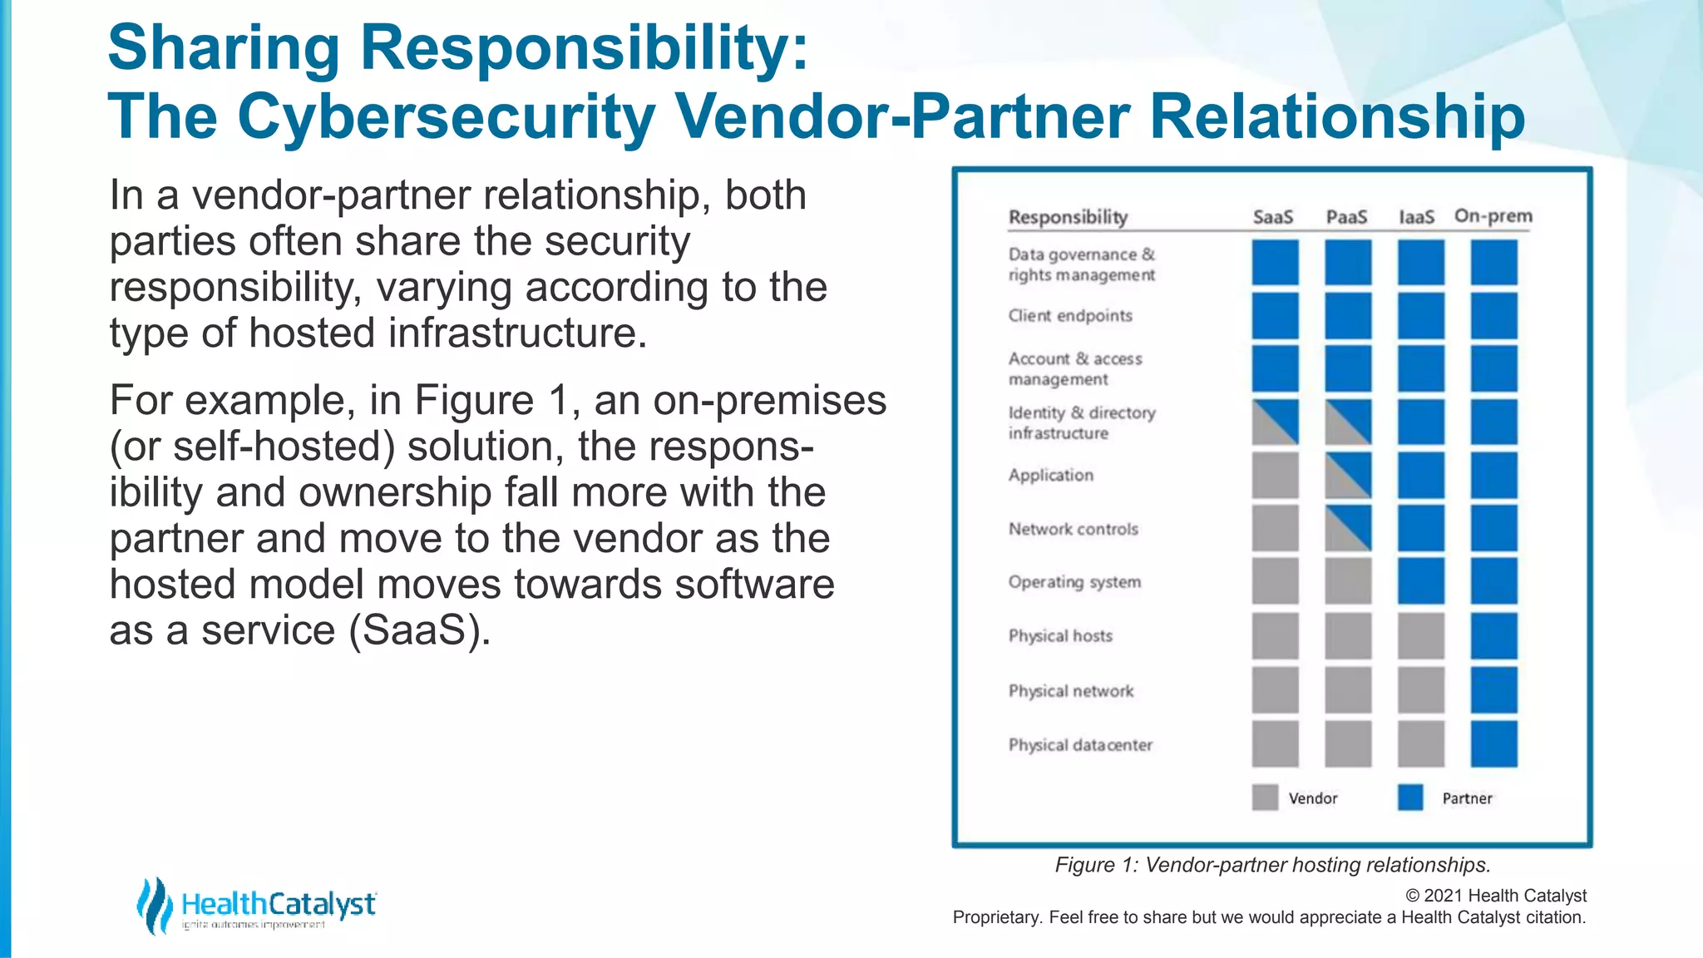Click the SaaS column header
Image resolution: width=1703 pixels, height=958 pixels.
(1273, 217)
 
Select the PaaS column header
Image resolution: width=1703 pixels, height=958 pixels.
(1346, 217)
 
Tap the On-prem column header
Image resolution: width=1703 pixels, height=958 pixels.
(1493, 216)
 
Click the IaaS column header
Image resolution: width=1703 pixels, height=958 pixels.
(1417, 217)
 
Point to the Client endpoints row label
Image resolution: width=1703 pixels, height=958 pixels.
(1070, 316)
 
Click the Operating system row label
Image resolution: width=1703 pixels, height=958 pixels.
(1074, 582)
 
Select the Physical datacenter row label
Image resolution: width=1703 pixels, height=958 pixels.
(1080, 745)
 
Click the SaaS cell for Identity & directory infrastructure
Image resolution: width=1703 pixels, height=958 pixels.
(1275, 422)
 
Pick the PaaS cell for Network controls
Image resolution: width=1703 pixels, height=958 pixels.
(1348, 528)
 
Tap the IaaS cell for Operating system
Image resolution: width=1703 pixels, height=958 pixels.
(1420, 581)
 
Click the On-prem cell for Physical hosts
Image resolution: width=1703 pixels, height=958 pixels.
(1493, 636)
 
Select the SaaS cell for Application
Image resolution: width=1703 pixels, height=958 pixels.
(1275, 476)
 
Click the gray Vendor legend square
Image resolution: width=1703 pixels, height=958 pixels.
(1265, 798)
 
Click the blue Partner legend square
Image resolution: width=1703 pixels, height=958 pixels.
(1410, 798)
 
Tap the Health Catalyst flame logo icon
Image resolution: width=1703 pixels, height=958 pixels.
(154, 906)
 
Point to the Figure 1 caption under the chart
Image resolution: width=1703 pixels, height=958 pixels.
(1272, 865)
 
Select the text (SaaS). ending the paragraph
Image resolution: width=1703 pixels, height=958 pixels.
(419, 630)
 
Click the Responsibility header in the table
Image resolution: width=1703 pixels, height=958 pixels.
(1068, 217)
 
